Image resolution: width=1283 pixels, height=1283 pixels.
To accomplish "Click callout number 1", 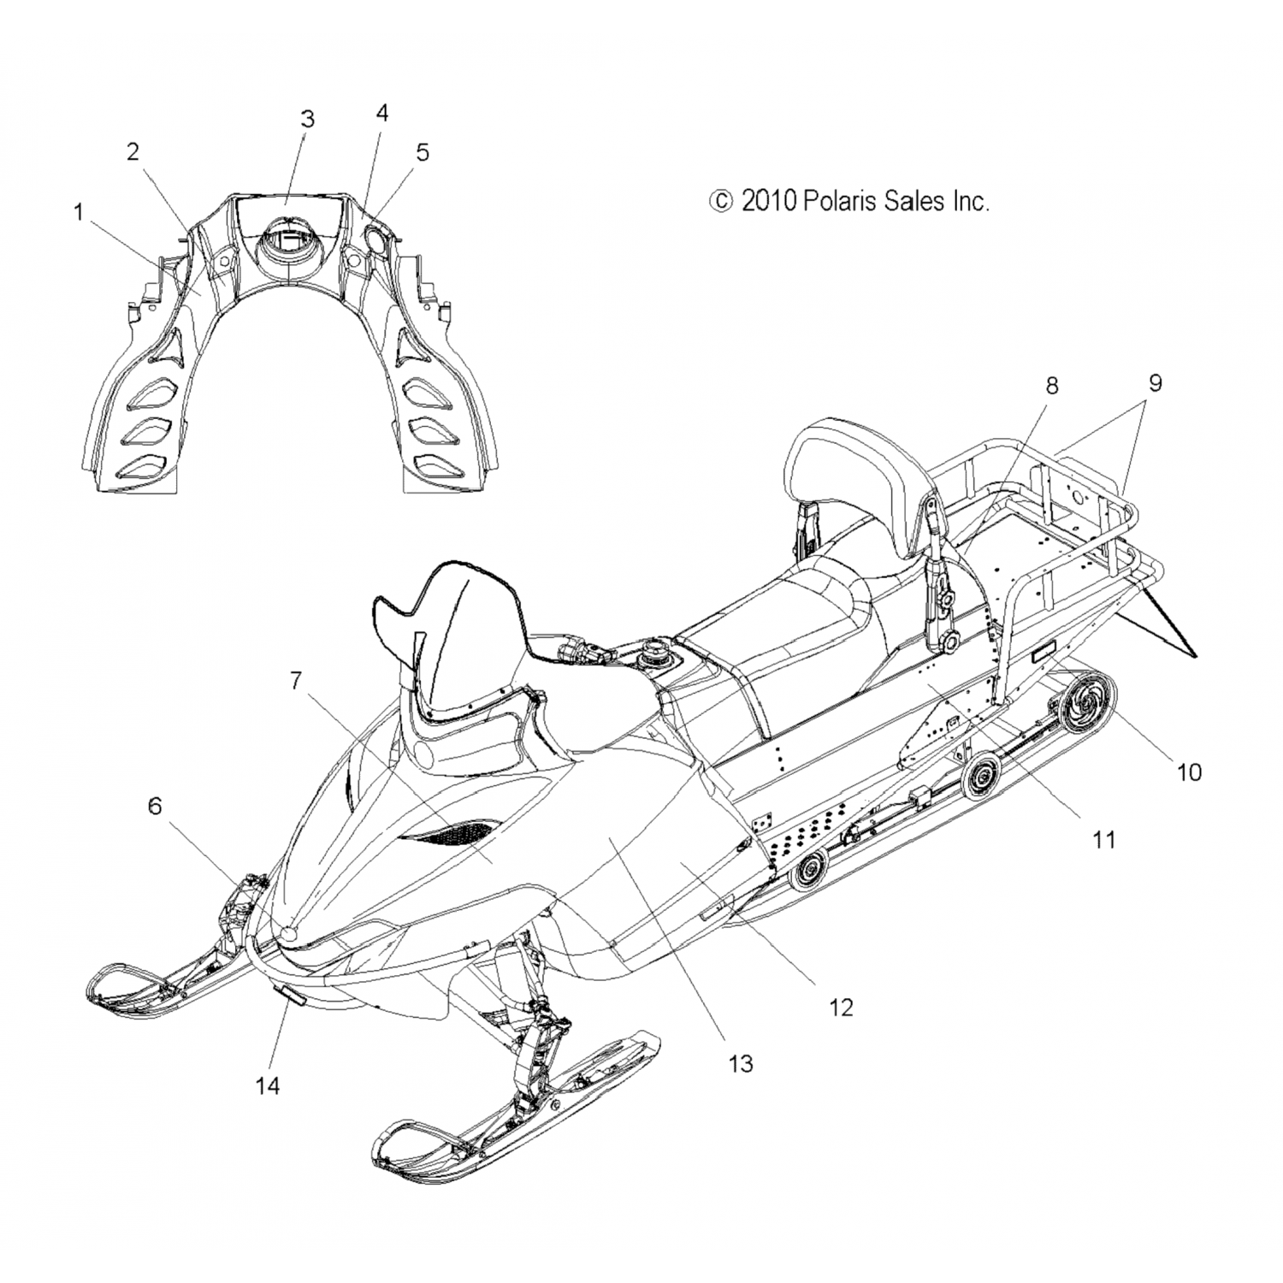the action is pos(79,212).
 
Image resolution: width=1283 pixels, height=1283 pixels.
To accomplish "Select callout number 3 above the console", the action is pos(307,119).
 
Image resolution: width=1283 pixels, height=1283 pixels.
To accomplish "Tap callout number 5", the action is pos(423,152).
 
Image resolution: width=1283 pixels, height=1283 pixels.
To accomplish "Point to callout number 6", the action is pos(155,806).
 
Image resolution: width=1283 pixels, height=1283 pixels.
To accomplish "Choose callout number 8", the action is pos(1051,386).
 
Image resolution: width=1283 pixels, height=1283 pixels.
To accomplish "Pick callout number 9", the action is pos(1155,382).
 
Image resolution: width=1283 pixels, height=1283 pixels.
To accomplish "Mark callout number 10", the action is pos(1189,772).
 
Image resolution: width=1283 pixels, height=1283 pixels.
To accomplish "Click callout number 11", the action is pos(1104,840).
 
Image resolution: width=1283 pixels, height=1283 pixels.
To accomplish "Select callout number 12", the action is pos(842,1007).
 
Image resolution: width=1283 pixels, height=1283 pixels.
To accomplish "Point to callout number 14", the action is pos(268,1085).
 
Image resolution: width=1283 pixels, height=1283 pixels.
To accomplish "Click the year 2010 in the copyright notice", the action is pos(769,201).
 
